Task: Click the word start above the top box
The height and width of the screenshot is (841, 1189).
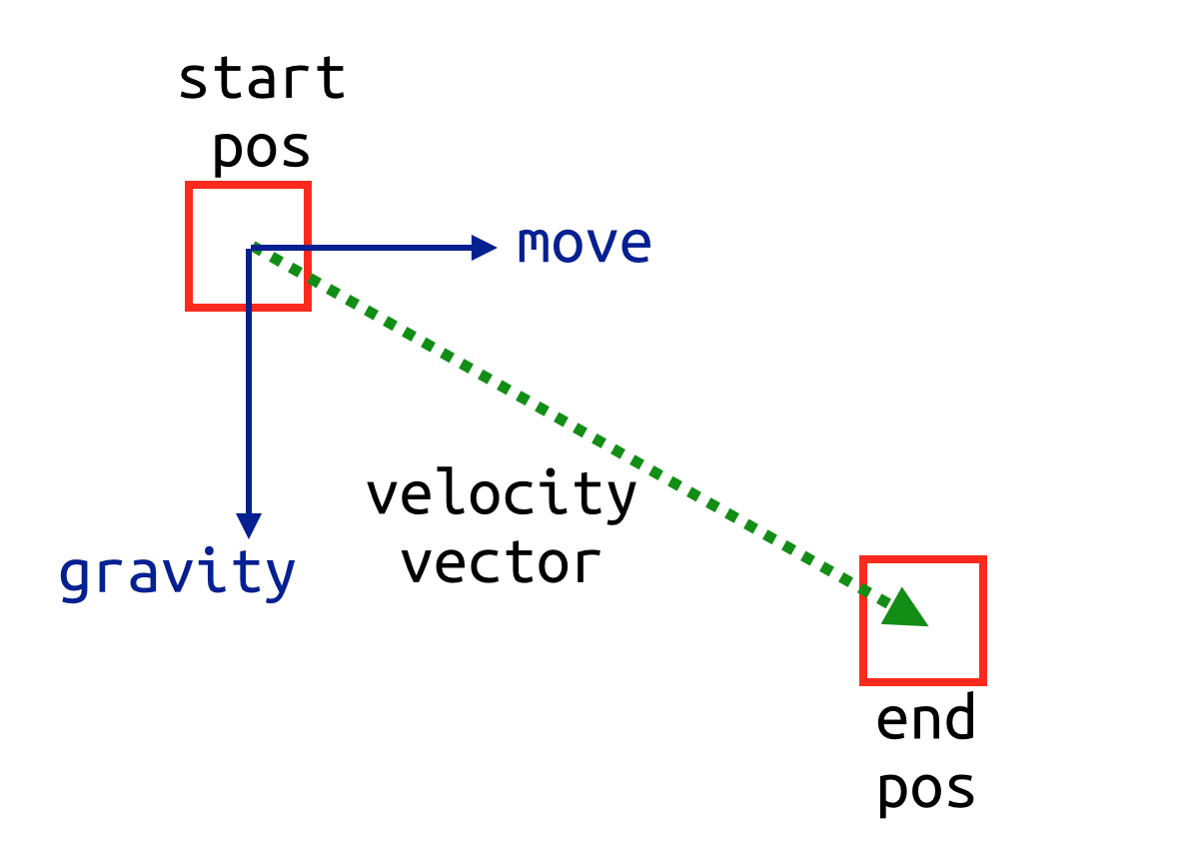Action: point(262,78)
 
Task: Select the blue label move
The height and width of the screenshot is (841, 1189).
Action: point(584,244)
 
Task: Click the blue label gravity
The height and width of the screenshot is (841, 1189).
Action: point(177,574)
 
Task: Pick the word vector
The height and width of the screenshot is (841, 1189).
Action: point(501,564)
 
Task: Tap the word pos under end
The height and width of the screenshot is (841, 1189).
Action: point(926,790)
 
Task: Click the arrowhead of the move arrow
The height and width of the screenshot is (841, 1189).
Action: point(484,248)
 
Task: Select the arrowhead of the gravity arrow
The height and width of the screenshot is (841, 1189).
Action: point(249,525)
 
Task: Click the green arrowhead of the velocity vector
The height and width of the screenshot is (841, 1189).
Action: point(905,609)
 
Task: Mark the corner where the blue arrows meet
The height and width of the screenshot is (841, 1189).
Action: point(249,248)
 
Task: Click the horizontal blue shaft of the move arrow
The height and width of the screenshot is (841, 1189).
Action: point(360,248)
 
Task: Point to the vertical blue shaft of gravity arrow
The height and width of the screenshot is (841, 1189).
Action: point(249,382)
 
